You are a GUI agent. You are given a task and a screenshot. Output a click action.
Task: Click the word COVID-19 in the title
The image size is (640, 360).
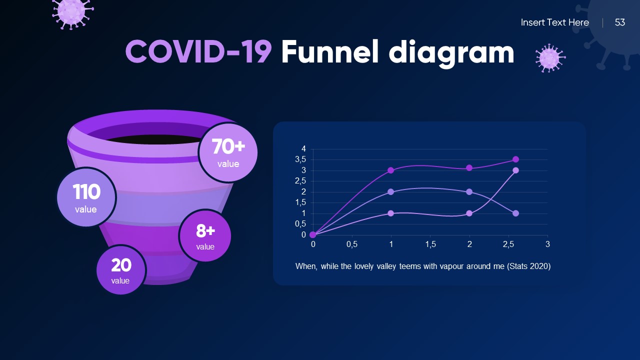pyautogui.click(x=198, y=52)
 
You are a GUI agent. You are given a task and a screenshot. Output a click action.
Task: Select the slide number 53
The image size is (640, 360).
pyautogui.click(x=620, y=22)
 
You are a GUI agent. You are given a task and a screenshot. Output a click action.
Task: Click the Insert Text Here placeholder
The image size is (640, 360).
pyautogui.click(x=554, y=22)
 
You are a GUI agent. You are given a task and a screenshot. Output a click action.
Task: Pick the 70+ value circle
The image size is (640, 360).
pyautogui.click(x=228, y=152)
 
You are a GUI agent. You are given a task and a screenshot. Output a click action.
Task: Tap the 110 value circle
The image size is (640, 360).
pyautogui.click(x=86, y=197)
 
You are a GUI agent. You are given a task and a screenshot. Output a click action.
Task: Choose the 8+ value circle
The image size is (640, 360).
pyautogui.click(x=205, y=235)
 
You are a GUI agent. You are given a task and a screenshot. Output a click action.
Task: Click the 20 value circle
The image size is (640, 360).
pyautogui.click(x=120, y=269)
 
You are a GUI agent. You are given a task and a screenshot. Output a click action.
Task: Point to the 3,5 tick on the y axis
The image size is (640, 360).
pyautogui.click(x=300, y=159)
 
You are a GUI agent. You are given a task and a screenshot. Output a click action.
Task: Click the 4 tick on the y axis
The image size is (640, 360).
pyautogui.click(x=303, y=149)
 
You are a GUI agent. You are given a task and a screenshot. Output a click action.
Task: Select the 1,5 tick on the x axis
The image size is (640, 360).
pyautogui.click(x=430, y=244)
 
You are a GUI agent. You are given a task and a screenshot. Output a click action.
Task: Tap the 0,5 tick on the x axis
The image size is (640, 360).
pyautogui.click(x=352, y=244)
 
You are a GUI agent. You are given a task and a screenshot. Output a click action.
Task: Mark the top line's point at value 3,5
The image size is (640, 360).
pyautogui.click(x=515, y=159)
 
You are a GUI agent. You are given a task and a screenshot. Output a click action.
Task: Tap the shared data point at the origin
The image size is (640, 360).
pyautogui.click(x=313, y=234)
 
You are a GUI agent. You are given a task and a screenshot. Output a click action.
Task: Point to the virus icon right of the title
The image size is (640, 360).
pyautogui.click(x=550, y=58)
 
